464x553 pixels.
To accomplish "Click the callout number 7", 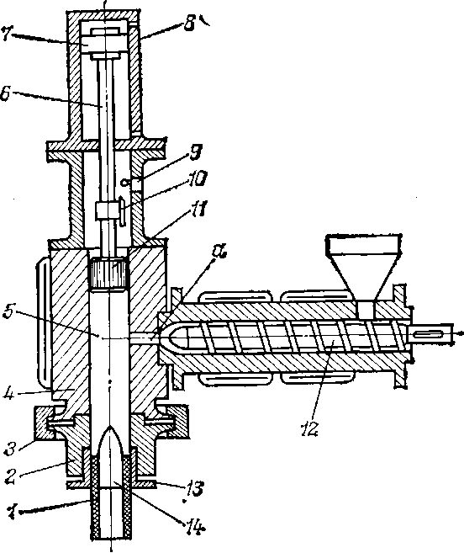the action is pos(7,34).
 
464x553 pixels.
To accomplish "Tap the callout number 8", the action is pos(189,24).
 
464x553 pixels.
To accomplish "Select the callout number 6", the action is pos(6,94).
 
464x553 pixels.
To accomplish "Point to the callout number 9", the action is pos(196,152).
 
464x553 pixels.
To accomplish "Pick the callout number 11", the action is pos(198,209).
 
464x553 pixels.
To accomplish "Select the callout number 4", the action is pos(9,394).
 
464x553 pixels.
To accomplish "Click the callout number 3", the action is pos(11,449).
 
